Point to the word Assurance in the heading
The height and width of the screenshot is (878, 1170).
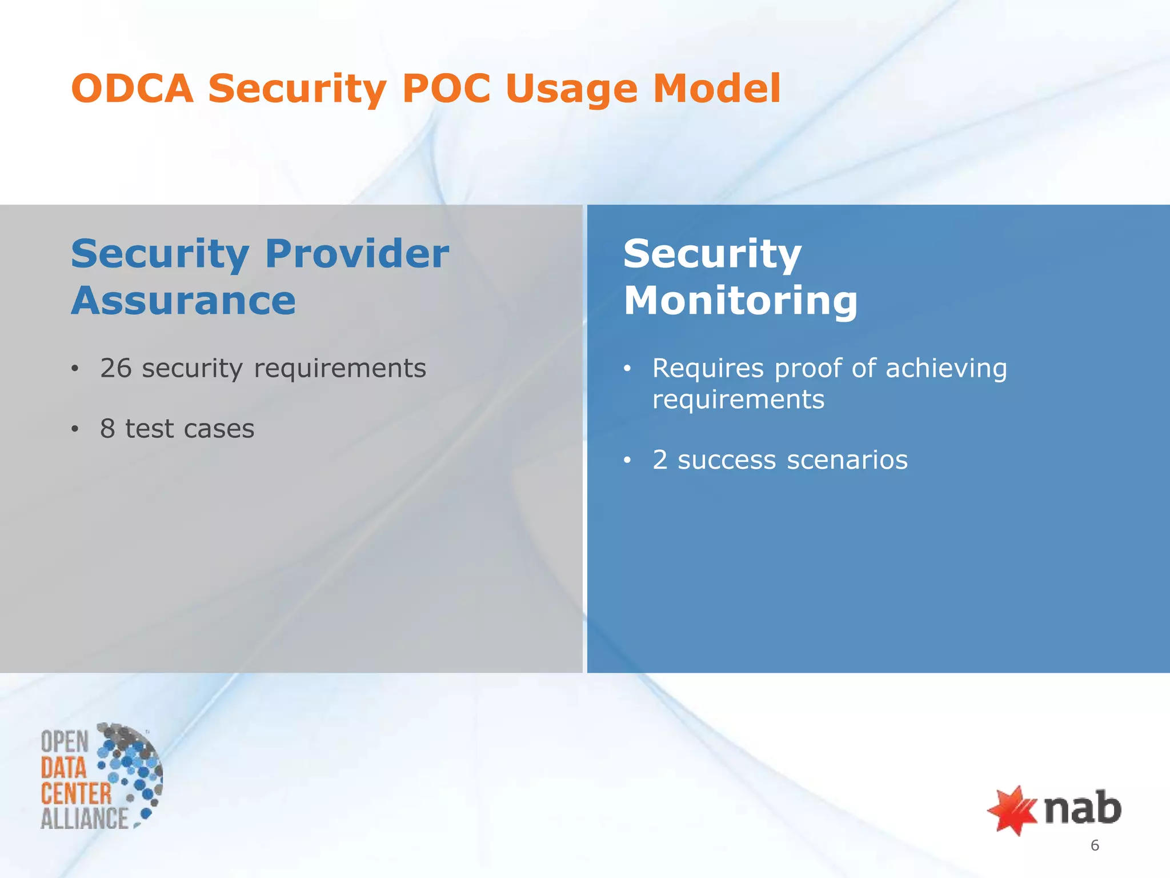click(x=183, y=301)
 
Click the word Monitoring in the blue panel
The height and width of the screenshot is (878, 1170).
click(x=740, y=301)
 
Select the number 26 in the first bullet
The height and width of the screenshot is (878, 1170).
click(x=116, y=368)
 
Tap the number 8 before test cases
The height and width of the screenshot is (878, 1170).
click(x=107, y=429)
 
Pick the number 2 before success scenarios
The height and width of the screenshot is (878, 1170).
click(x=660, y=460)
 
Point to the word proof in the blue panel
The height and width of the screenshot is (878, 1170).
click(x=807, y=368)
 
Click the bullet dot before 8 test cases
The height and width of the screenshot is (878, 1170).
click(x=75, y=429)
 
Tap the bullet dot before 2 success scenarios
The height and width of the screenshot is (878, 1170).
click(x=627, y=460)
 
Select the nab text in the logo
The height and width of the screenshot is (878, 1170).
click(x=1082, y=808)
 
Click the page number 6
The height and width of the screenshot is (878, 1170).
click(x=1095, y=845)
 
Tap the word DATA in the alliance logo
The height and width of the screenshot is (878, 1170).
click(x=63, y=768)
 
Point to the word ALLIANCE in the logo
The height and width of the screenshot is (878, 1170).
click(x=85, y=818)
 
